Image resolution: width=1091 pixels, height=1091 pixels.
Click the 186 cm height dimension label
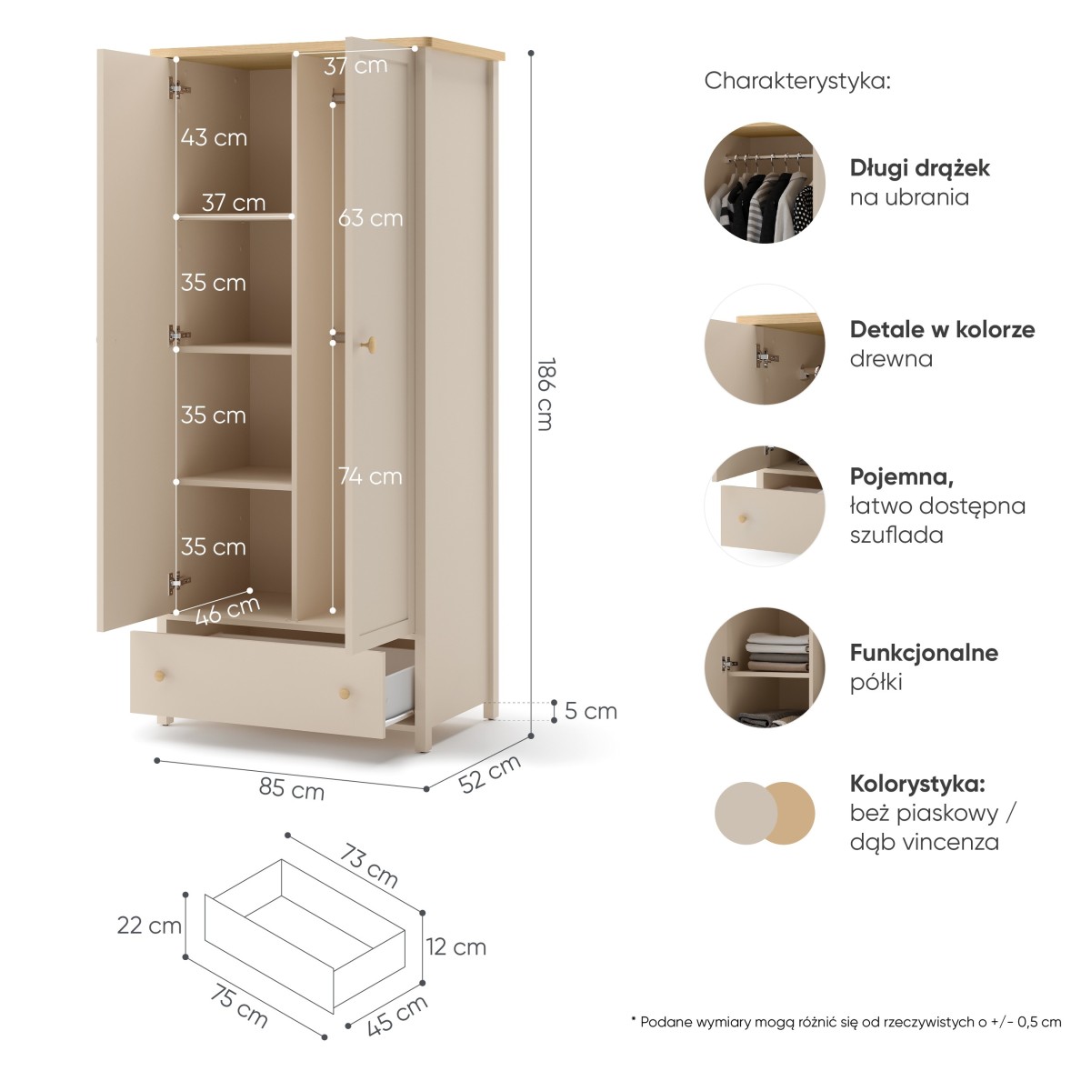(544, 394)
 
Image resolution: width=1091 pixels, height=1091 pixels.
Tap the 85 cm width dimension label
(292, 788)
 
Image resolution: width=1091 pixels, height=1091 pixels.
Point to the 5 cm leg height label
(591, 711)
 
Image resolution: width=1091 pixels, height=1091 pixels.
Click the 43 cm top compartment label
(214, 137)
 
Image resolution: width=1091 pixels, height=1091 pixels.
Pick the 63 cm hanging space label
(370, 218)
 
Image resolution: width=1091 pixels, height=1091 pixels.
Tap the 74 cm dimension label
(370, 476)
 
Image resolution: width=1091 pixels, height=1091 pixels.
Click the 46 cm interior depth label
(227, 611)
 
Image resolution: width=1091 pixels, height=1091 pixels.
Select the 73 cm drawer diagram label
(368, 866)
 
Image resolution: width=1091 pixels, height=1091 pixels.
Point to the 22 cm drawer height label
(149, 926)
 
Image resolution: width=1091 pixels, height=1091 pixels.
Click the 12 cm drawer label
(455, 947)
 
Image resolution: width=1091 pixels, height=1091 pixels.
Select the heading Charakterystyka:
(797, 81)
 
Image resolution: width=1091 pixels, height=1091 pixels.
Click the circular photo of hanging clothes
(765, 183)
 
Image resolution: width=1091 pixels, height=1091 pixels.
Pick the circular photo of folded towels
(765, 667)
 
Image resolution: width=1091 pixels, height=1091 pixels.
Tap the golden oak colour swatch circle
(790, 814)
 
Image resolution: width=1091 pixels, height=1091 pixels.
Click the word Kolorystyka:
(917, 784)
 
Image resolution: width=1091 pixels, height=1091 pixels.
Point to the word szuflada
(896, 535)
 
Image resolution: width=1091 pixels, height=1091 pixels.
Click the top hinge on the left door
(179, 88)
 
